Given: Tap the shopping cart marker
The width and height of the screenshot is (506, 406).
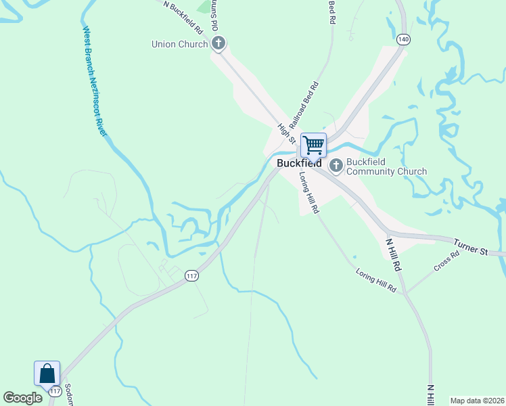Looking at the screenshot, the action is (x=313, y=145).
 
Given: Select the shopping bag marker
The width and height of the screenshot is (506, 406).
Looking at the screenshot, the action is (x=47, y=374).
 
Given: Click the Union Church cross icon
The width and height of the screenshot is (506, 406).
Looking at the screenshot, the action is (x=218, y=45).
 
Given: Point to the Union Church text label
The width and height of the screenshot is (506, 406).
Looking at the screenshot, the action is (x=179, y=45).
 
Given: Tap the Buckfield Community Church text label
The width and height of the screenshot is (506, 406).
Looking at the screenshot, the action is (x=386, y=166).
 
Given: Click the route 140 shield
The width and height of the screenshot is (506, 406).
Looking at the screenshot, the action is (x=403, y=39).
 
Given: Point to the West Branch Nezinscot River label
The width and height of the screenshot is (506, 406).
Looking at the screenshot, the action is (x=95, y=81).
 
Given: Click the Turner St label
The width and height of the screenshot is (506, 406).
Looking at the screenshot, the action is (x=471, y=247).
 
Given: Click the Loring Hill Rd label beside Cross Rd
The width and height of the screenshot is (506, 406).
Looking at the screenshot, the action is (x=375, y=279).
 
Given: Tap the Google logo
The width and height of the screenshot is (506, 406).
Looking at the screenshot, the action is (x=22, y=399).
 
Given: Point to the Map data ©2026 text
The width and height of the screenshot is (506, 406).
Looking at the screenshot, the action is (x=476, y=401).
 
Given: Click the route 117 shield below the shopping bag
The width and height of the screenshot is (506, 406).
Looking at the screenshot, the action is (x=55, y=392).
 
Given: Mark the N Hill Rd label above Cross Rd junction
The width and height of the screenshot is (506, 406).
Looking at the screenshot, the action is (x=394, y=254).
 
